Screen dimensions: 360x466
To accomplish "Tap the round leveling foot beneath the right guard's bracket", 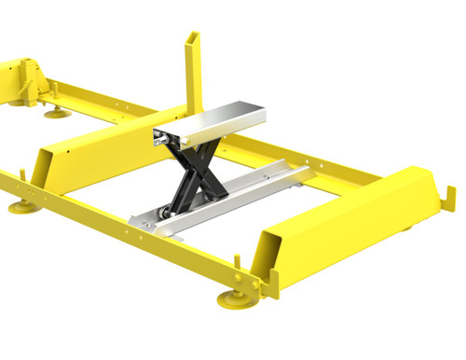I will click(x=232, y=299).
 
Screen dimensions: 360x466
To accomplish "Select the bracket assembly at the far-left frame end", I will click(x=23, y=79).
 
